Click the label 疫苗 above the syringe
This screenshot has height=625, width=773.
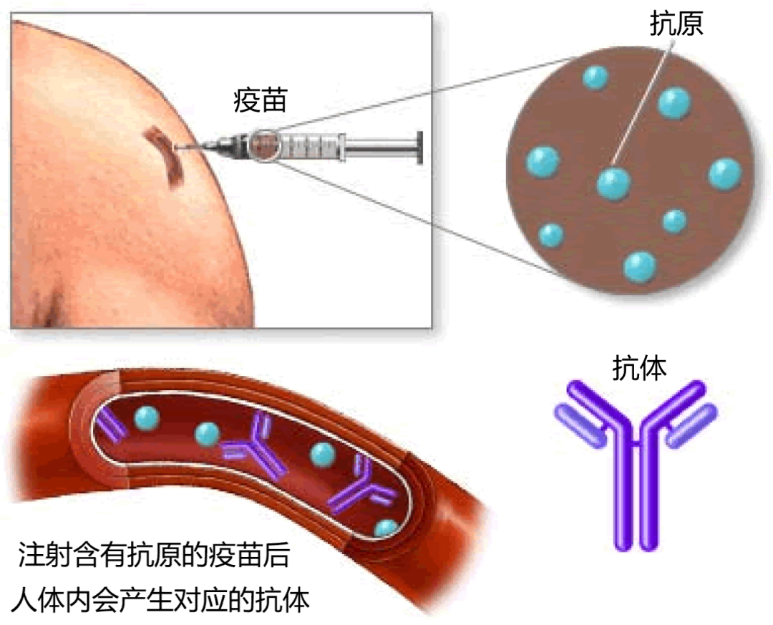(260, 101)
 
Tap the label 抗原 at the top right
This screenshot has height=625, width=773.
(676, 24)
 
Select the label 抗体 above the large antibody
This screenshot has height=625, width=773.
(639, 367)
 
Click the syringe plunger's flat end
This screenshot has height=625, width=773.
(419, 147)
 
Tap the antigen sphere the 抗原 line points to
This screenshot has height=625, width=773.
(613, 183)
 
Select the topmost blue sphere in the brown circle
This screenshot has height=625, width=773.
(595, 78)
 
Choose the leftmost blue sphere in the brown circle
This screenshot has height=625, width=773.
(543, 162)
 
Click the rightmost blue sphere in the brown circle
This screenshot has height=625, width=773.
(724, 174)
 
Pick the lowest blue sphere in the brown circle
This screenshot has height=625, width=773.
(639, 267)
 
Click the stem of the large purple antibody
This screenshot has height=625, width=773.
(636, 493)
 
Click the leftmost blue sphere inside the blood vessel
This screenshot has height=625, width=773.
(147, 419)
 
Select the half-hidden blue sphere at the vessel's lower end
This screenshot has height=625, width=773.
(386, 528)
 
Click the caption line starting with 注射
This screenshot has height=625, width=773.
(155, 554)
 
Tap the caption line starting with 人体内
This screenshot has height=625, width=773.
(161, 600)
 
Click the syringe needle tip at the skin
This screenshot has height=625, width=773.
(177, 147)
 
